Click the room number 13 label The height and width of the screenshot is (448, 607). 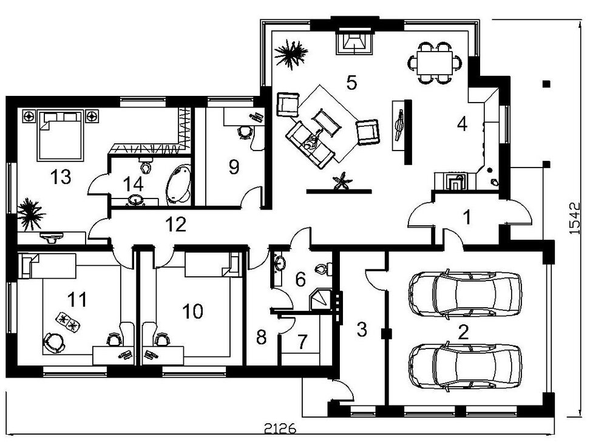61,177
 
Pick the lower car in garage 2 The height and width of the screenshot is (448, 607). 466,367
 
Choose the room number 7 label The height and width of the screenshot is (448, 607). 302,342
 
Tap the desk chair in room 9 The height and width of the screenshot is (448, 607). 245,131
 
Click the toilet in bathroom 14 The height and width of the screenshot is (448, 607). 145,165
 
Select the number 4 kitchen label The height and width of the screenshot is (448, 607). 463,124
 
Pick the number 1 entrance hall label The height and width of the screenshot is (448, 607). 467,217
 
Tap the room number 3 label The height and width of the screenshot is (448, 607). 362,330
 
